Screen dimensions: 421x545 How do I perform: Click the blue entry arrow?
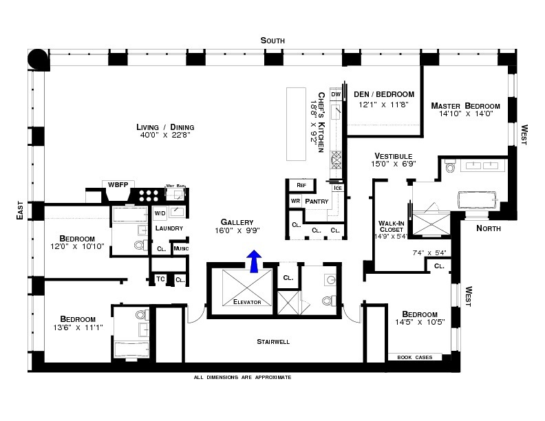tap(255, 261)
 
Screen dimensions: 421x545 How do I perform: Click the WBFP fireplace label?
tap(115, 185)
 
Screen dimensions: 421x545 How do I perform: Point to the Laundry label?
tap(168, 228)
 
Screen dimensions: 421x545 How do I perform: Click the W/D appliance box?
tap(159, 213)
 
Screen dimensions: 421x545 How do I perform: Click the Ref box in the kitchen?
tap(301, 185)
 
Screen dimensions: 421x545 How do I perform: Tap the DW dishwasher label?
tap(336, 94)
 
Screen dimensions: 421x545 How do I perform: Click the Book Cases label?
tap(415, 357)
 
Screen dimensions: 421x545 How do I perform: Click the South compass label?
tap(272, 41)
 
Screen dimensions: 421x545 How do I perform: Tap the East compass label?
tap(21, 210)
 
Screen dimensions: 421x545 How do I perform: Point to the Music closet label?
tap(180, 248)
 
